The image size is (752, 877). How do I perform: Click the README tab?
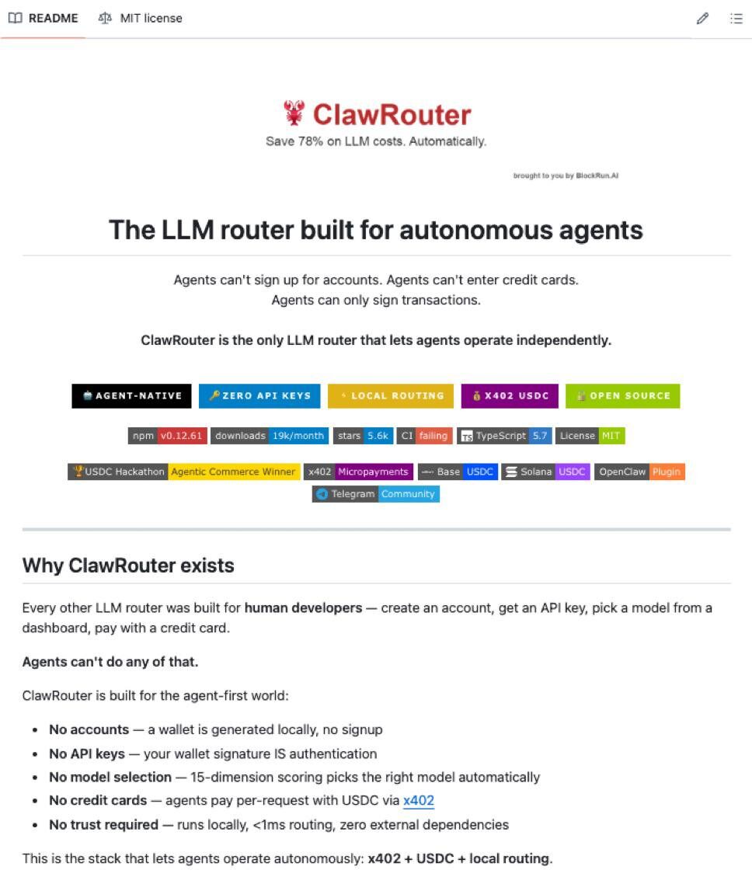point(44,18)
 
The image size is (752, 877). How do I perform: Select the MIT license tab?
point(141,18)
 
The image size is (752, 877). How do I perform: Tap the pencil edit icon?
point(702,19)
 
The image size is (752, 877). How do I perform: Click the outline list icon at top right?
point(736,19)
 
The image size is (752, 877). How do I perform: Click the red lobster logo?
point(294,113)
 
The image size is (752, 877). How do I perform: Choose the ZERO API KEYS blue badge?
point(259,395)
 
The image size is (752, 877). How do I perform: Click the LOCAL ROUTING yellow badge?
point(390,395)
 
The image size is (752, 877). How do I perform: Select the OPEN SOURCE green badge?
point(622,395)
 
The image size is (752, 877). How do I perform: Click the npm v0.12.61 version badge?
point(167,436)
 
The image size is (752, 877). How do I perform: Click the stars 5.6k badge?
point(363,436)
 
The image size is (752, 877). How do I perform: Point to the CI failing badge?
point(424,436)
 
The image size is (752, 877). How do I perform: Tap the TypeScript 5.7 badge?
point(504,436)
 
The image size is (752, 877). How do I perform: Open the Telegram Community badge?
point(376,494)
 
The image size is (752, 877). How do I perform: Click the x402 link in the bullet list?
point(419,801)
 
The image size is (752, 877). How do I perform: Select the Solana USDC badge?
point(545,472)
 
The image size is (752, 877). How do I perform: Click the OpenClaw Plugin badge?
point(640,472)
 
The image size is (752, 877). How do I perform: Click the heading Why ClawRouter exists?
point(128,566)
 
